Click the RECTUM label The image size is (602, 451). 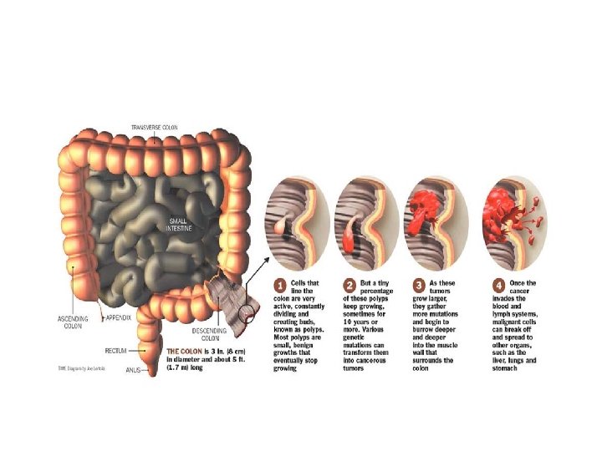pos(116,352)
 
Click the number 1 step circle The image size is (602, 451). pos(281,286)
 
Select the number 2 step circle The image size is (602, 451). pos(351,286)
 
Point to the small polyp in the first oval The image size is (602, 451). pos(282,226)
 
